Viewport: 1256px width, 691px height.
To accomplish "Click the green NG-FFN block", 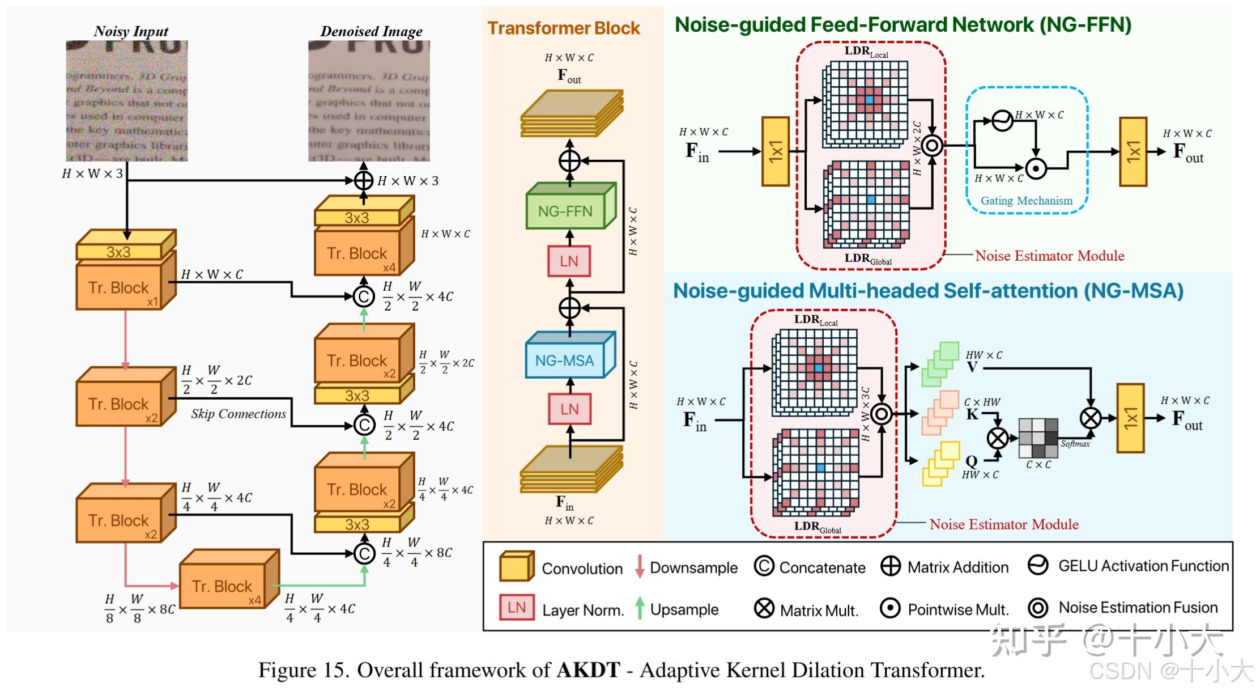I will point(565,211).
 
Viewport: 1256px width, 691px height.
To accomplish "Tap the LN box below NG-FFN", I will point(569,261).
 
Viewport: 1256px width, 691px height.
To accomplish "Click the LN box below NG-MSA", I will point(569,409).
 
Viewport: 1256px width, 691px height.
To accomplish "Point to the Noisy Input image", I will point(126,101).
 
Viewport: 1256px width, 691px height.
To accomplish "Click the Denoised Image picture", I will point(369,101).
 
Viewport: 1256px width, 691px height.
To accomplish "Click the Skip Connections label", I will point(238,414).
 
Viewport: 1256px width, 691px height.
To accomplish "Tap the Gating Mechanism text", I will point(1026,201).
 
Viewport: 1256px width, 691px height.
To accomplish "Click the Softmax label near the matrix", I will point(1075,444).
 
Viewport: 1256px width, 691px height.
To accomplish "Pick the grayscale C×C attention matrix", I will point(1038,438).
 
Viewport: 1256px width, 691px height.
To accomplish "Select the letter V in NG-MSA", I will point(972,367).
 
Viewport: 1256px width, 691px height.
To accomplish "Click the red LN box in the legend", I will point(516,608).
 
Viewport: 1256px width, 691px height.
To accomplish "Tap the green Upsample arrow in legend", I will point(640,608).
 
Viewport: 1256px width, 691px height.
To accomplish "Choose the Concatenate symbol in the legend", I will point(764,566).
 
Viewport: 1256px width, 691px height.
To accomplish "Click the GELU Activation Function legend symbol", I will point(1037,565).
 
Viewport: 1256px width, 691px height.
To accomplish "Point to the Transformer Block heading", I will point(564,28).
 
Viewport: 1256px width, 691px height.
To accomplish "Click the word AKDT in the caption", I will point(588,670).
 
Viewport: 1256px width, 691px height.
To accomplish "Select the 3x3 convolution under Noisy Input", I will point(119,251).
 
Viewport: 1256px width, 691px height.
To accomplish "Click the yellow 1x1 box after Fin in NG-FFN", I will point(776,151).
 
